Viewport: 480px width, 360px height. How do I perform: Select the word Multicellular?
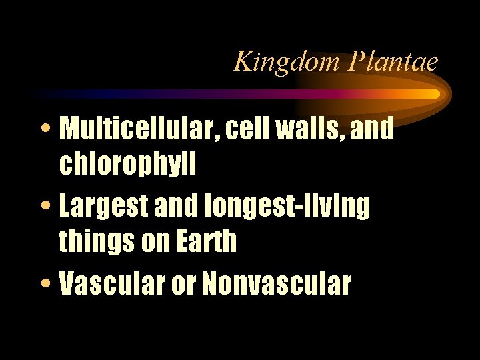pyautogui.click(x=140, y=129)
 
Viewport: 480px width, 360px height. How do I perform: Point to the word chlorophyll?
pyautogui.click(x=127, y=165)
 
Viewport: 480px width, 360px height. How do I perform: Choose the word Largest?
pyautogui.click(x=101, y=207)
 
